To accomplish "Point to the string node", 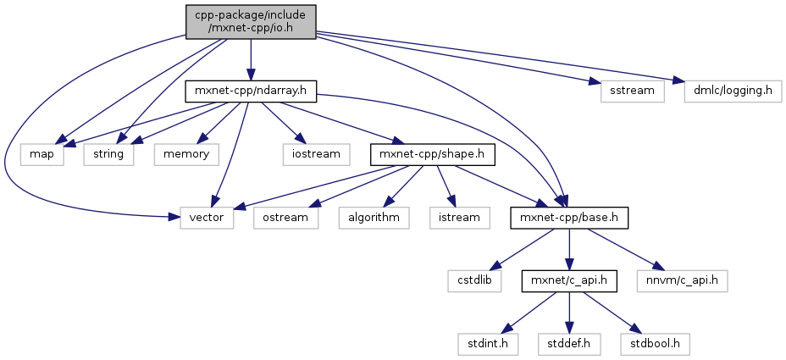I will pyautogui.click(x=108, y=154).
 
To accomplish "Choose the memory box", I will pyautogui.click(x=185, y=154).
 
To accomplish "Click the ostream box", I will pyautogui.click(x=285, y=217).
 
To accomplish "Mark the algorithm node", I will pyautogui.click(x=374, y=217).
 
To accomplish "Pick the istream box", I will pyautogui.click(x=458, y=217).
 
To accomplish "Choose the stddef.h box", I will pyautogui.click(x=569, y=344).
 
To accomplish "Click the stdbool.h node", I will pyautogui.click(x=654, y=344).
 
